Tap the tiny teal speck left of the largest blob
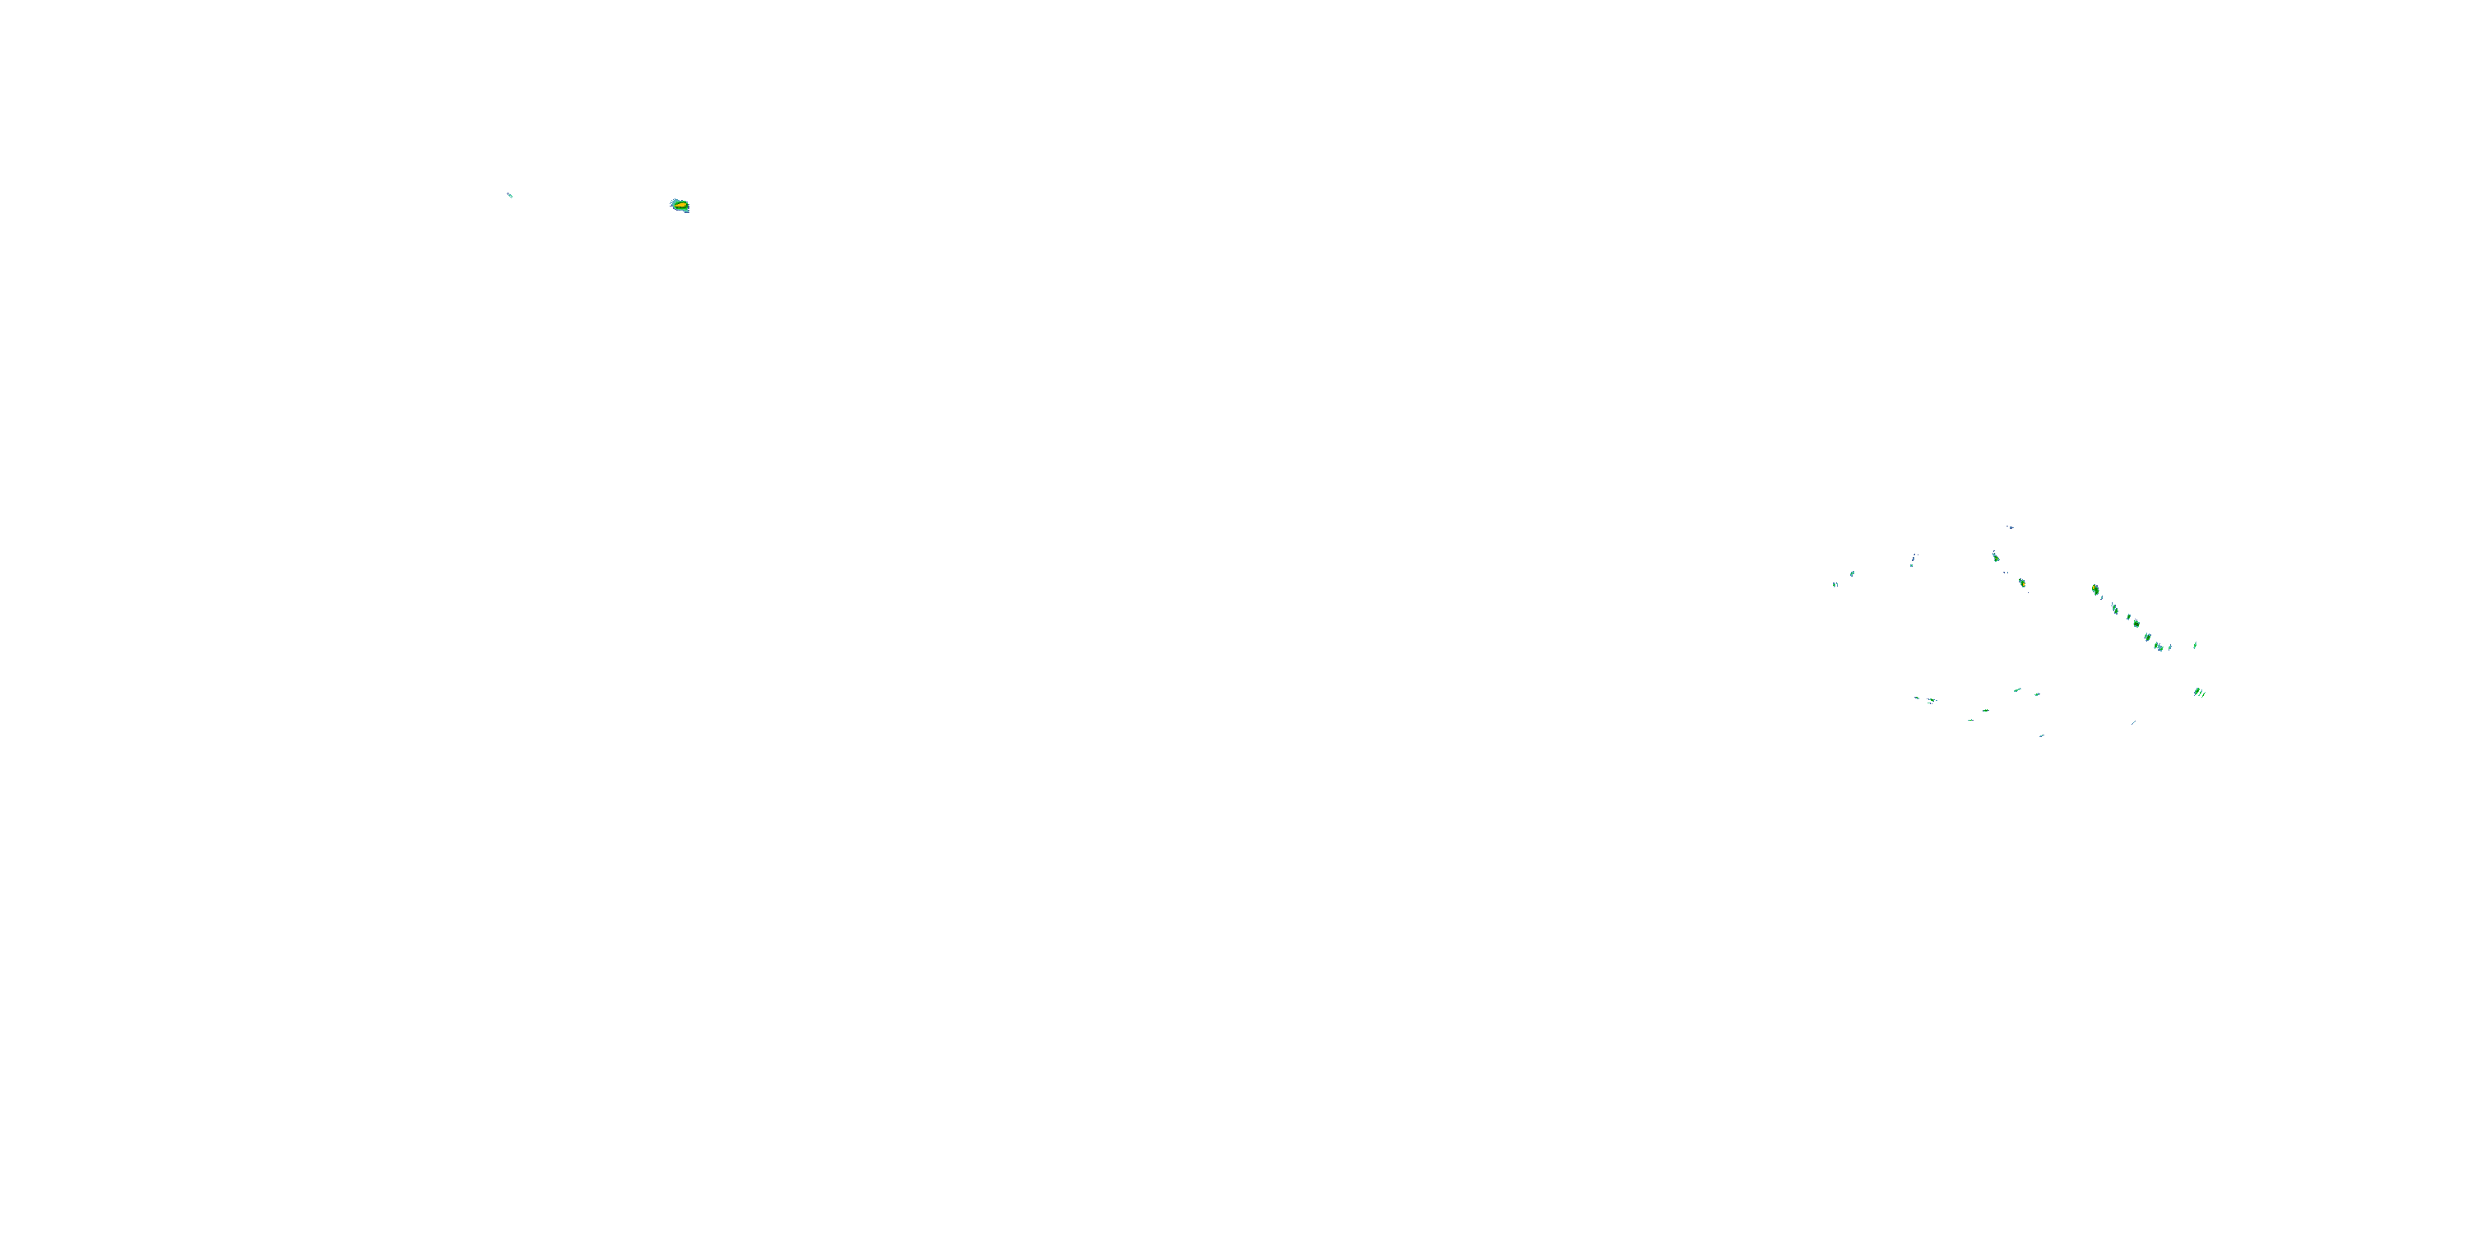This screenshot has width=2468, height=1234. (x=510, y=196)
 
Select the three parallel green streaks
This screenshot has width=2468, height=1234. (x=2200, y=693)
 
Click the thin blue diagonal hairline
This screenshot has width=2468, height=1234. (x=2134, y=722)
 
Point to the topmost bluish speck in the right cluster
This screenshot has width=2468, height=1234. (x=2011, y=528)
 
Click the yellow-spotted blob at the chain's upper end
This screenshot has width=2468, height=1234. (x=2096, y=590)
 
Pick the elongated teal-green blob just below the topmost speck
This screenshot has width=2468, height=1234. (x=1996, y=558)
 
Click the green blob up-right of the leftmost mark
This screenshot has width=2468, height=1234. (x=1852, y=574)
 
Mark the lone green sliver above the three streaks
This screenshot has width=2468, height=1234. (x=2195, y=646)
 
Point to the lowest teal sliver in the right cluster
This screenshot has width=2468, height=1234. (x=2042, y=735)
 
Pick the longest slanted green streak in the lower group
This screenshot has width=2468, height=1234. (x=2018, y=690)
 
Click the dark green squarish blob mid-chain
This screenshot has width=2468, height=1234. (x=2137, y=624)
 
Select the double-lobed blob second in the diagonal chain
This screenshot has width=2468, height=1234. (x=2115, y=610)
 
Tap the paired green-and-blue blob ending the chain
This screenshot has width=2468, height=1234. (x=2159, y=647)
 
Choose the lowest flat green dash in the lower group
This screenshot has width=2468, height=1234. (x=1971, y=721)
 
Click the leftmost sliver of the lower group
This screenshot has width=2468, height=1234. (x=1917, y=698)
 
